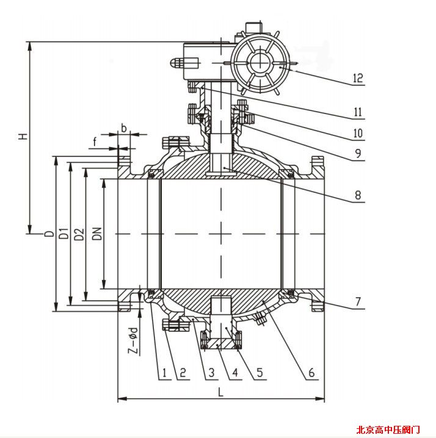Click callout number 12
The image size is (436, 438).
(x=357, y=78)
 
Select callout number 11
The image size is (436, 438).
(x=357, y=112)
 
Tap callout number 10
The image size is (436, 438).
(x=357, y=132)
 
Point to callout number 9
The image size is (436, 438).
(x=357, y=153)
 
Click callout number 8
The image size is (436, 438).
(x=357, y=196)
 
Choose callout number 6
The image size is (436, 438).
(x=311, y=372)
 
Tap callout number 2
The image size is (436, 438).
(x=181, y=372)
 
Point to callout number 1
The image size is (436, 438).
(x=163, y=372)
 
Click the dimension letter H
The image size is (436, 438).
(x=23, y=135)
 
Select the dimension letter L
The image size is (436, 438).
(x=220, y=393)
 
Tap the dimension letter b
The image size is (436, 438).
(x=124, y=128)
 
